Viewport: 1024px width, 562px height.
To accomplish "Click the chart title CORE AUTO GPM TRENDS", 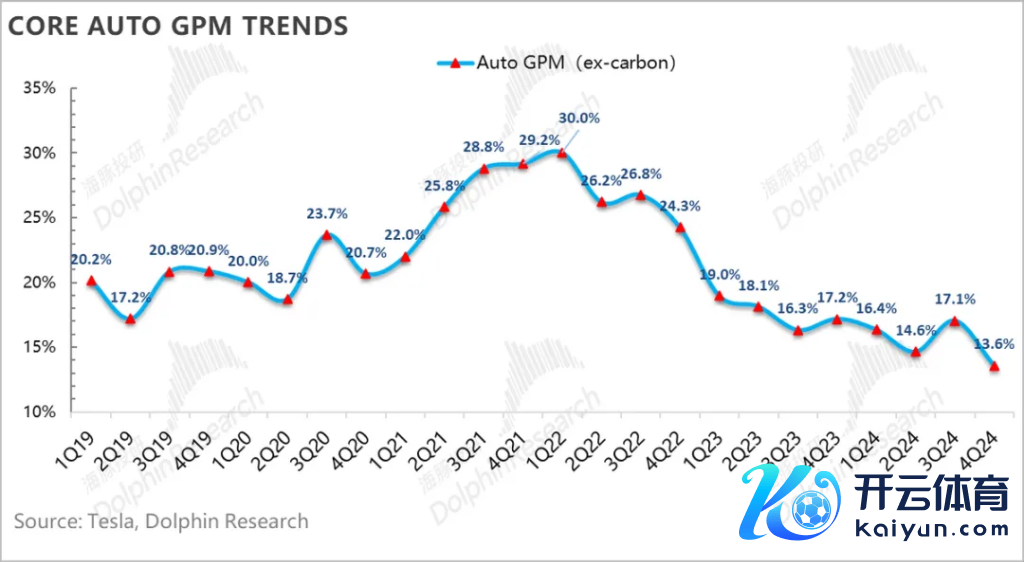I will coord(179,26).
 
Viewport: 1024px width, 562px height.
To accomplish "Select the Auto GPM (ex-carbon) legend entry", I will coord(558,62).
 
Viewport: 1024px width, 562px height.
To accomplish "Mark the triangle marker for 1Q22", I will coord(562,153).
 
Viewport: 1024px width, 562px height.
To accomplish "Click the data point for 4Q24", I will coord(994,366).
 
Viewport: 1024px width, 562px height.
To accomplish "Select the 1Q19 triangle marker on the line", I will coord(91,281).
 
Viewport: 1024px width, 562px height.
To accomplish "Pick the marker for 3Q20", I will coord(326,235).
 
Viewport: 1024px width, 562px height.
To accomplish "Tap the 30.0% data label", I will coord(579,118).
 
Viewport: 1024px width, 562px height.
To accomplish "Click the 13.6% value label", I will coord(994,343).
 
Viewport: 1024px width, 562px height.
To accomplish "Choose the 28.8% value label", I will coord(483,148).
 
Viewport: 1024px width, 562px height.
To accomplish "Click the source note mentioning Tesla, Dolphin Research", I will coord(161,521).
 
